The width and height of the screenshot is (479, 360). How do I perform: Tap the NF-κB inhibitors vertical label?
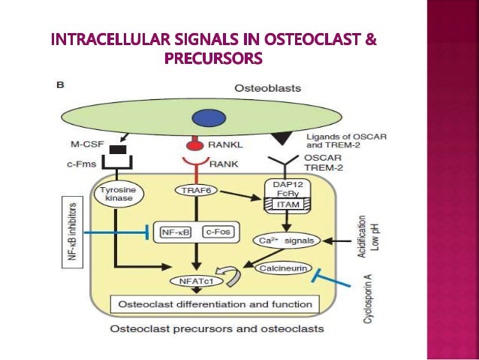74,234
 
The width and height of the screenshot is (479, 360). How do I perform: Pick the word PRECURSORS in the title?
214,58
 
